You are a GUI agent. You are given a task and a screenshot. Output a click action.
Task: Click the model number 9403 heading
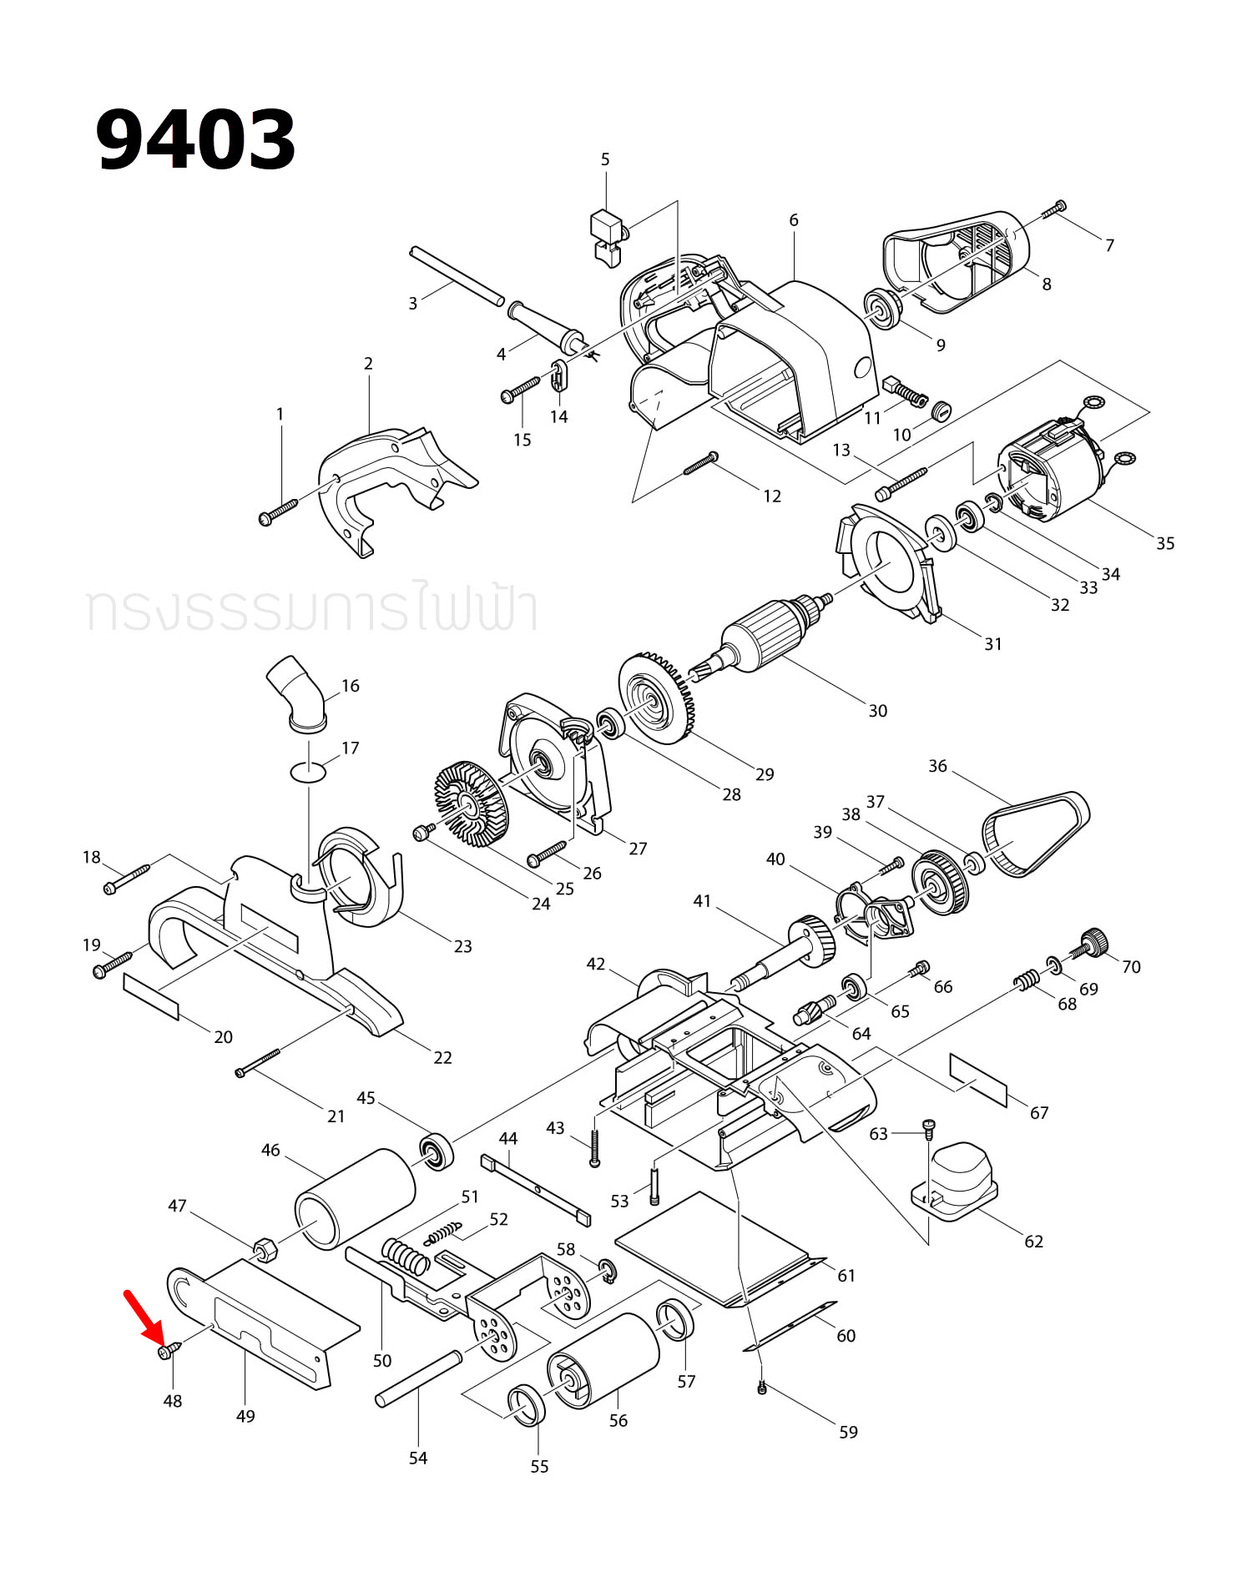coord(196,140)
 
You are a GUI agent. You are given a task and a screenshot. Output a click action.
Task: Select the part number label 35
coord(1165,543)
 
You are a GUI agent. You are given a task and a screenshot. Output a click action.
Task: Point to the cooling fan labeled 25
coord(472,800)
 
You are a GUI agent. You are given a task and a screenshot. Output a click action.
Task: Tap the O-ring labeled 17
coord(308,772)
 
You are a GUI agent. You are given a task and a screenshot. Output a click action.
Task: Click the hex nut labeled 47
coord(265,1248)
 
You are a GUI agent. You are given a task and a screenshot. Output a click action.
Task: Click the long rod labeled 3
coord(457,275)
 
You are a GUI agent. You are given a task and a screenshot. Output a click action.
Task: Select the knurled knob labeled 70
coord(1093,943)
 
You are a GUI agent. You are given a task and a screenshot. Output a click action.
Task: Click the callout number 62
coord(1033,1242)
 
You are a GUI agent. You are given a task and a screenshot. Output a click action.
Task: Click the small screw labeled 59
coord(761,1388)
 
